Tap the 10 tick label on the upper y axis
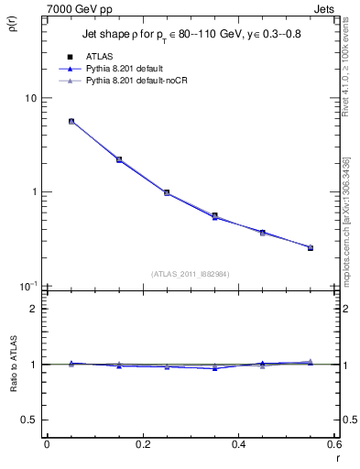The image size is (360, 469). coord(30,99)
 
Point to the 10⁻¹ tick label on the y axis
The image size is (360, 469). coord(29,286)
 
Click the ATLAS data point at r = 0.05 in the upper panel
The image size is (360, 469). coord(71,121)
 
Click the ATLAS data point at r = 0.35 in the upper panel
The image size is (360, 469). coord(214,216)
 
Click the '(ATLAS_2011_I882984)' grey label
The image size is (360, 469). coord(191,274)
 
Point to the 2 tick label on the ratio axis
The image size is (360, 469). coord(34,309)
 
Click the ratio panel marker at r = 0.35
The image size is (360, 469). coord(214,367)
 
